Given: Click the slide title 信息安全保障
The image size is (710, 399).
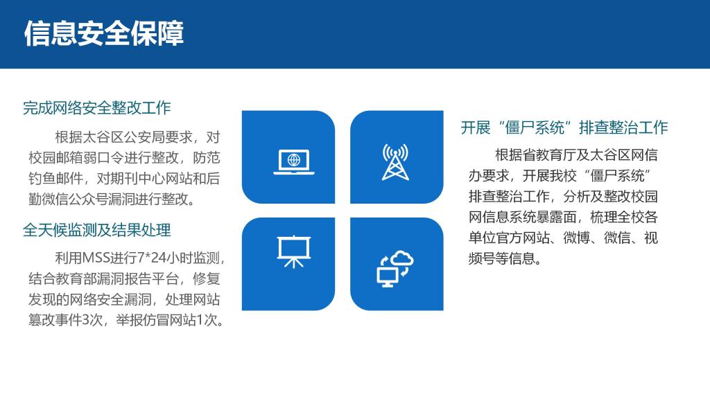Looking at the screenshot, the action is [x=104, y=33].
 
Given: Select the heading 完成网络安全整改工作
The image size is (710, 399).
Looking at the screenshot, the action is [x=97, y=107].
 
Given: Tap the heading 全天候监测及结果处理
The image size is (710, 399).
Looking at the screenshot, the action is [x=97, y=230].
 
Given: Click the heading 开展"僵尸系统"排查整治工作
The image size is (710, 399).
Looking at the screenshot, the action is [x=564, y=127].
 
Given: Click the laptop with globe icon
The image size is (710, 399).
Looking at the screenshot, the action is [x=294, y=161].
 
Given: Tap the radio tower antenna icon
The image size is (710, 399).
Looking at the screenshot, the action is [x=395, y=162].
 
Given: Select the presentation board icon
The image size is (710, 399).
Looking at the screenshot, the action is [x=294, y=251].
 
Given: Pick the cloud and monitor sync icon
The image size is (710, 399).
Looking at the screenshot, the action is [x=395, y=269].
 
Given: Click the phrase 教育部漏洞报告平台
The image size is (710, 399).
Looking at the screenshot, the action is [x=116, y=278].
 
